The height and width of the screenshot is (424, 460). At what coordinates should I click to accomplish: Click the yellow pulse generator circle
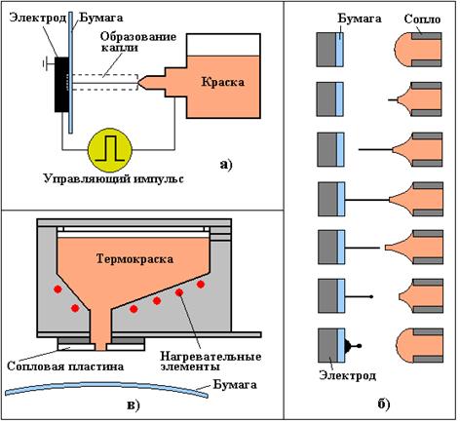[110, 149]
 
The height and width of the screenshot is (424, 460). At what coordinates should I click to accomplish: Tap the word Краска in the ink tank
[222, 82]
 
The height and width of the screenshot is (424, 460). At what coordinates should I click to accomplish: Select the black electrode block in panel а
[61, 85]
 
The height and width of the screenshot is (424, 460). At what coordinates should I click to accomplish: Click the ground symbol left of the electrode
[48, 64]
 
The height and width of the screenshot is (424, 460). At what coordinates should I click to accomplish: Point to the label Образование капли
[138, 42]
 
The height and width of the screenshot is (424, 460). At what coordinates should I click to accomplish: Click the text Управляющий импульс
[113, 179]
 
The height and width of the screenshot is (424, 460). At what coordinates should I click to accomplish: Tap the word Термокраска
[134, 259]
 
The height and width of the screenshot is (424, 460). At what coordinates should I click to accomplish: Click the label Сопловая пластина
[65, 366]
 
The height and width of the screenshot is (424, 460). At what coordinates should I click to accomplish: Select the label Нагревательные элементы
[211, 362]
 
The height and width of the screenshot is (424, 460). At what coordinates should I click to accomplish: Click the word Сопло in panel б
[422, 19]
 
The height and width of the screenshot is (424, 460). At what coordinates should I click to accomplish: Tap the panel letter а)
[226, 165]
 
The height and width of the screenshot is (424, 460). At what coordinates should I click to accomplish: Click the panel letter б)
[384, 404]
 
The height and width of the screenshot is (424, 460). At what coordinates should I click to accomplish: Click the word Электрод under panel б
[347, 375]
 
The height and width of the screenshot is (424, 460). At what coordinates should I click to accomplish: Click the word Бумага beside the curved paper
[235, 384]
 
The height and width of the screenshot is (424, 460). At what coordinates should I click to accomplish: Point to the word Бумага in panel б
[360, 19]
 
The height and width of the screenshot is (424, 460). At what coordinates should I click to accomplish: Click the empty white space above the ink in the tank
[223, 45]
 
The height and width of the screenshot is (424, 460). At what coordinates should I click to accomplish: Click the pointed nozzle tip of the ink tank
[138, 83]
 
